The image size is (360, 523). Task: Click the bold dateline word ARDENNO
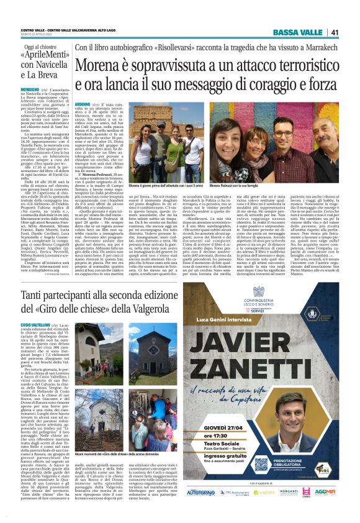point(82,106)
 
